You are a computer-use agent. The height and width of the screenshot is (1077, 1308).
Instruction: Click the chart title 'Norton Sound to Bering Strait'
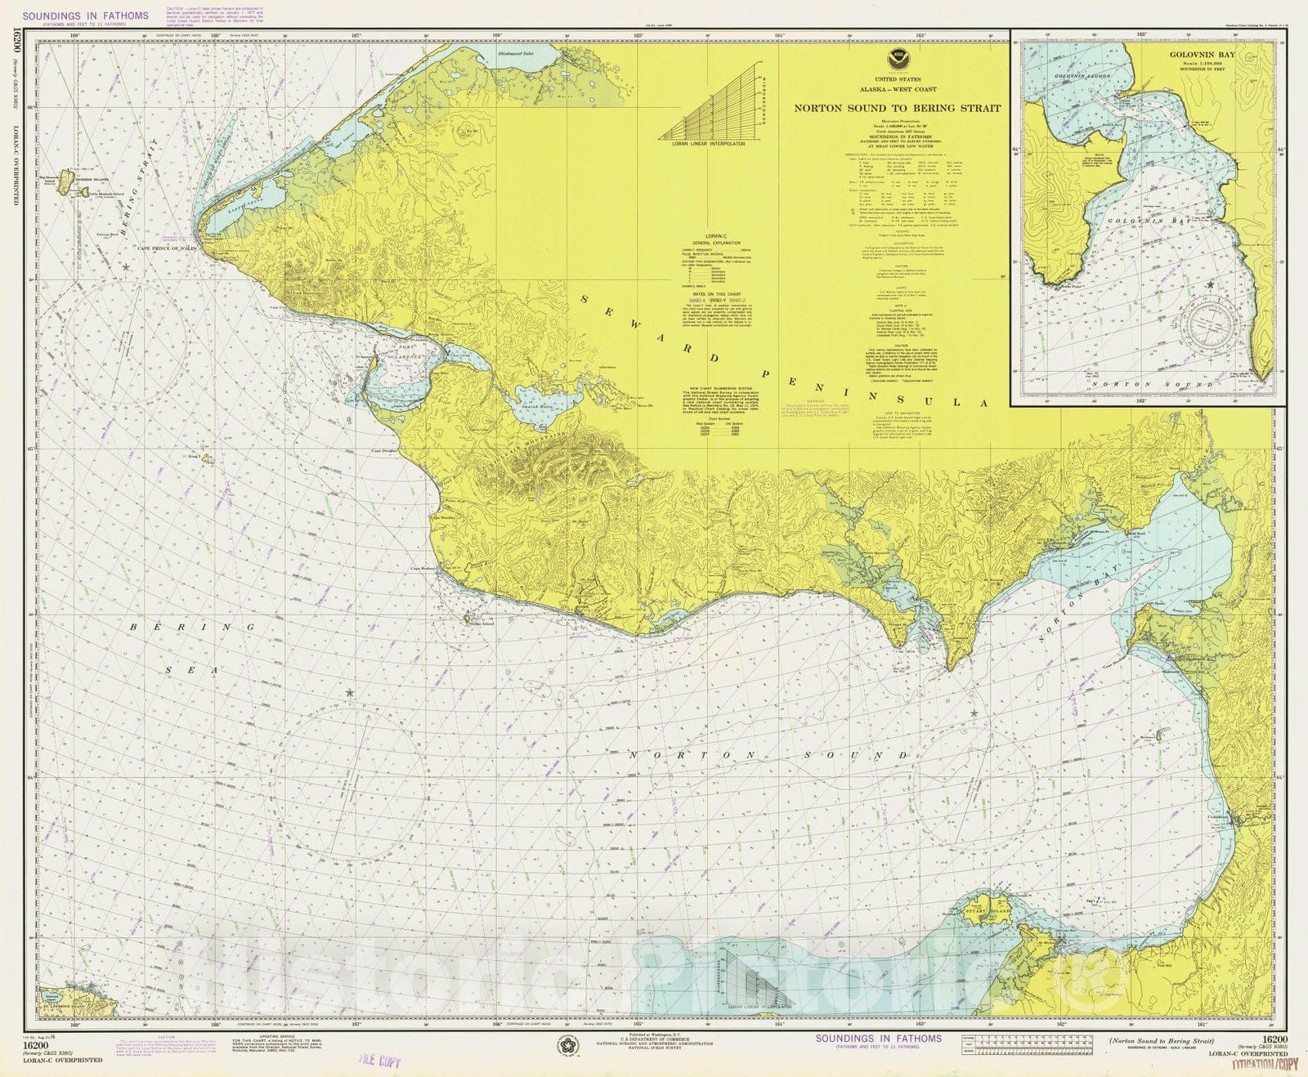click(x=897, y=108)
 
